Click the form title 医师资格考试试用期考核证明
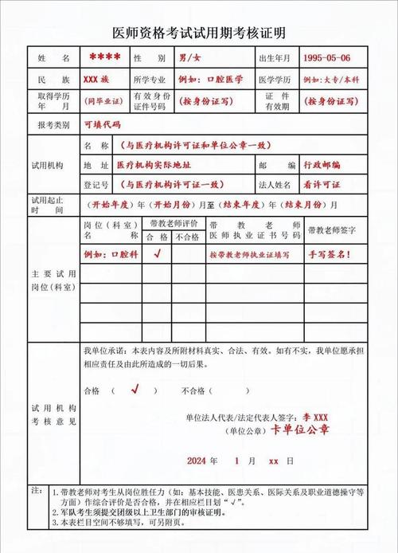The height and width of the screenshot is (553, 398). [199, 33]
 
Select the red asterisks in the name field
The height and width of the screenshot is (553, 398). [104, 58]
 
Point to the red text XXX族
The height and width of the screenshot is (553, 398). [101, 80]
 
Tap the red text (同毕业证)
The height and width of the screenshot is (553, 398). [101, 102]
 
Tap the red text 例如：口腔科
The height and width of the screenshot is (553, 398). [111, 254]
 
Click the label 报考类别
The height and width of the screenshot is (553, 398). [54, 125]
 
